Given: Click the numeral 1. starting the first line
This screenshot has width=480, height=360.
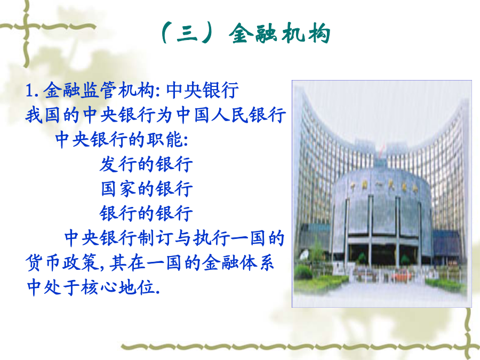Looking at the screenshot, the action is pos(31,91).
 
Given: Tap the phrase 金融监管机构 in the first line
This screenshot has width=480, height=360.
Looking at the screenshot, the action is pos(99,90).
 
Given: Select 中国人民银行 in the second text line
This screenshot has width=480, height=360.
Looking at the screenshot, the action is pos(231,115).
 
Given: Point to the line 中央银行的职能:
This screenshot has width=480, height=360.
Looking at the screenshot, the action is pos(122,140).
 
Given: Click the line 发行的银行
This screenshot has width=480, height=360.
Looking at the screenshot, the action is pos(146,164).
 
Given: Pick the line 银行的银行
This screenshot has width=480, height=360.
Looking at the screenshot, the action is pos(146,213).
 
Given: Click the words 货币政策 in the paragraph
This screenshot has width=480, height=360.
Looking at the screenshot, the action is pos(62,262).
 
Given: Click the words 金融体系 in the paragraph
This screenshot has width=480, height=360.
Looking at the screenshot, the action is pos(238,262).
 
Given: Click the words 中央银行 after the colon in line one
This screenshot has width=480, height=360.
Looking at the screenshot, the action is pos(202,90).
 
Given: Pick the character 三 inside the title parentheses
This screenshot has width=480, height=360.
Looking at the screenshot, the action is pos(187,33).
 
